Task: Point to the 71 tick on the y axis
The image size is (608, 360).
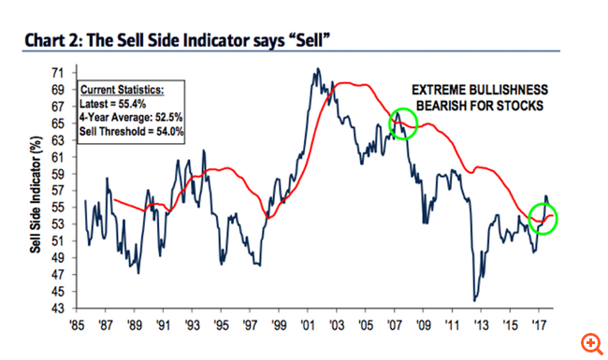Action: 57,72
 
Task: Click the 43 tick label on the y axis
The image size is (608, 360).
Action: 57,310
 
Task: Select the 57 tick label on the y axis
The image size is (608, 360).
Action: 57,191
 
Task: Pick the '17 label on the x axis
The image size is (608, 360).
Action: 539,328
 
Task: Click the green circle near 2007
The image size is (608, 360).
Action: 401,122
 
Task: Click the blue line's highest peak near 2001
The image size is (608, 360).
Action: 318,69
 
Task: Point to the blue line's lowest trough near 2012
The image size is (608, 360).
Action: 474,299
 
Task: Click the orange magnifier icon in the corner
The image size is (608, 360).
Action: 590,342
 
